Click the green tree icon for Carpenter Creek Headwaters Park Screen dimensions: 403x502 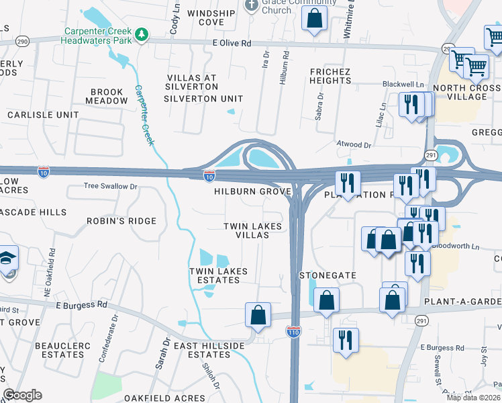(x=142, y=34)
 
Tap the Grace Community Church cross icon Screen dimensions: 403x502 (x=252, y=5)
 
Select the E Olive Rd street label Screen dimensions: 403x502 (x=232, y=43)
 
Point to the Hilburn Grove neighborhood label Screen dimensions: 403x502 (x=252, y=191)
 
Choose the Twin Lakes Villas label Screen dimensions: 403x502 (x=253, y=231)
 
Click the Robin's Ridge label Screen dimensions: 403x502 (x=121, y=221)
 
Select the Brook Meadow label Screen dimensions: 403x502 (x=106, y=96)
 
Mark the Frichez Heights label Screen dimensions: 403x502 (x=330, y=76)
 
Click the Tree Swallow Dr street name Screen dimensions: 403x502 (x=110, y=186)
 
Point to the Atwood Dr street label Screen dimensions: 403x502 (x=353, y=144)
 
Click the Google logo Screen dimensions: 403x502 (x=21, y=395)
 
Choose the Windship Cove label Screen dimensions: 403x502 (x=215, y=17)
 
